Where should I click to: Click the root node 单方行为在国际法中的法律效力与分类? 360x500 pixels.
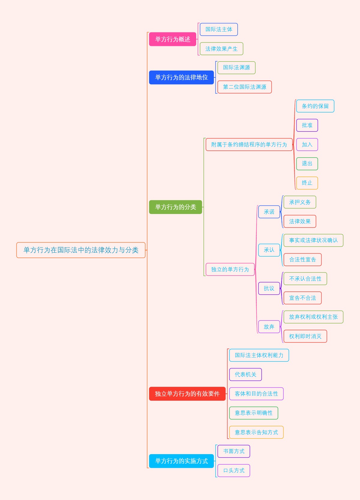click(x=81, y=250)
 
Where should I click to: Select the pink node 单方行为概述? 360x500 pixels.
click(x=172, y=39)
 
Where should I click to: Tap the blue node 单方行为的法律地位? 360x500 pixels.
click(x=181, y=77)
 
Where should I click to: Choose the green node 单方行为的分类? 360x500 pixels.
click(x=175, y=207)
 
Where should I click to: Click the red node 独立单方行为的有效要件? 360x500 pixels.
click(x=187, y=394)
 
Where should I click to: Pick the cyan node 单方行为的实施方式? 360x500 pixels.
click(x=181, y=461)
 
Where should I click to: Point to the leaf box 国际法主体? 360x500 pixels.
click(x=219, y=29)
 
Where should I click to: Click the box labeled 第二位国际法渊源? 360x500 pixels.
click(x=244, y=87)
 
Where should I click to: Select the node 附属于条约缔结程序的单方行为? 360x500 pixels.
click(x=249, y=145)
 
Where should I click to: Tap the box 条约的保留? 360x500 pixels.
click(x=315, y=106)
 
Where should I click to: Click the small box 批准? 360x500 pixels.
click(x=307, y=125)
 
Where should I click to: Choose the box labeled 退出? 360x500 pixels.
click(x=307, y=164)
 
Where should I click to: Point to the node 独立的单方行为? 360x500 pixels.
click(x=230, y=270)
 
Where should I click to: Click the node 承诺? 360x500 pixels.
click(x=269, y=212)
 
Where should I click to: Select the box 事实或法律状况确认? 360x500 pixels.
click(x=313, y=240)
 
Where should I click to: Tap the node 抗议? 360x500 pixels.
click(x=269, y=288)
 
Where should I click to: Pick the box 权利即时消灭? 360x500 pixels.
click(x=305, y=336)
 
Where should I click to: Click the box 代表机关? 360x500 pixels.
click(x=245, y=375)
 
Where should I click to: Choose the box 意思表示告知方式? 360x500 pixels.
click(x=256, y=432)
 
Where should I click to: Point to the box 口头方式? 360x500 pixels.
click(x=234, y=471)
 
